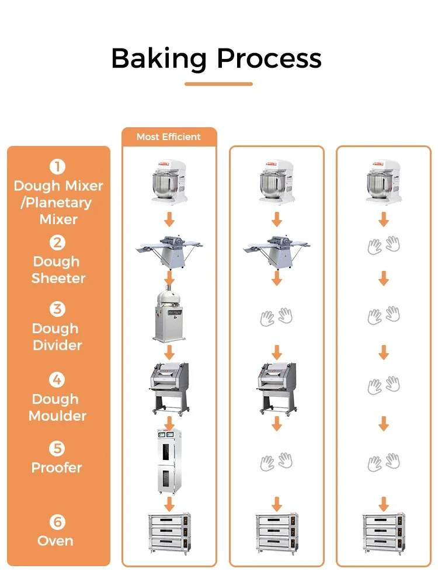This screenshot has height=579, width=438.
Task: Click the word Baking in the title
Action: click(158, 59)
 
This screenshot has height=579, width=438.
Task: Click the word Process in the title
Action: click(269, 59)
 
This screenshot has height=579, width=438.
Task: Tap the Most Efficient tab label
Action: click(169, 137)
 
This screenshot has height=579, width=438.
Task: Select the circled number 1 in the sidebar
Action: click(58, 168)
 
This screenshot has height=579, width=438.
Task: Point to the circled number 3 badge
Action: click(58, 309)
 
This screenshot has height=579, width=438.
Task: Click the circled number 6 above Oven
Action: click(58, 522)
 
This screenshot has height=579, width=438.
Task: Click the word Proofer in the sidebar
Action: click(57, 468)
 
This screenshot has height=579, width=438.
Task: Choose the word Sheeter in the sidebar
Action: click(58, 278)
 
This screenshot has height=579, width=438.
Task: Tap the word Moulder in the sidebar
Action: click(58, 416)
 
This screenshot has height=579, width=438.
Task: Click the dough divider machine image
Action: click(169, 316)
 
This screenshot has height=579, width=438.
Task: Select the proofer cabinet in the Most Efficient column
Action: click(169, 461)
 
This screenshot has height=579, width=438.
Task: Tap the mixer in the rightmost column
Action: click(383, 182)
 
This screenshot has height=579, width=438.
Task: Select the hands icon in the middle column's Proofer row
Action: click(276, 462)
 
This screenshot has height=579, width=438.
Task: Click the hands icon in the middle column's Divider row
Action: click(276, 317)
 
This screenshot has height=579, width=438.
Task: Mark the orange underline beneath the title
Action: click(218, 84)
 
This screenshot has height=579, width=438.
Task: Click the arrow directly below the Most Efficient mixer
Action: click(169, 220)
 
